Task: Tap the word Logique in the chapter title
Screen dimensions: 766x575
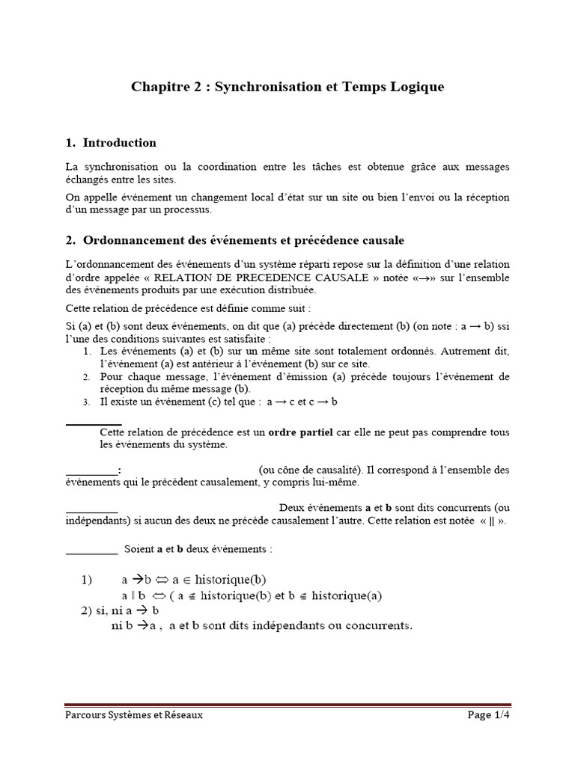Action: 416,88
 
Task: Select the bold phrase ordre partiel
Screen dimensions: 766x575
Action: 299,432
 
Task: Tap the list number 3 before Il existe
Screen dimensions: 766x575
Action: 86,402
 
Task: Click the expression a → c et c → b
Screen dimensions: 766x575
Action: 302,402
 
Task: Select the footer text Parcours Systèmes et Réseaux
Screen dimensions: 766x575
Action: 133,715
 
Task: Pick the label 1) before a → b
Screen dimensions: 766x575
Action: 86,579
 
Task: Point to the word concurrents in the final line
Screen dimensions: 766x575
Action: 379,625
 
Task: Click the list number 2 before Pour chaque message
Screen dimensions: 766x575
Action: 86,376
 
